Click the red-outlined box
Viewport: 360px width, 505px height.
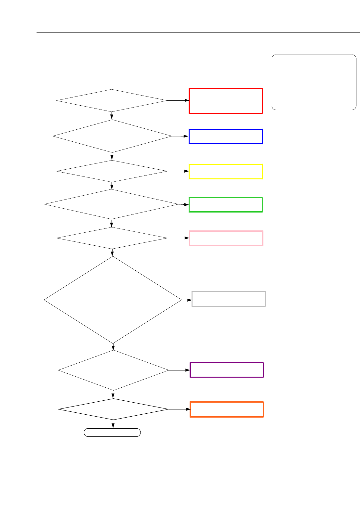click(x=226, y=101)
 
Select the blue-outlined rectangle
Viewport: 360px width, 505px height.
click(x=226, y=136)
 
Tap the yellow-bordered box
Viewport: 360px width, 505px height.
click(x=226, y=172)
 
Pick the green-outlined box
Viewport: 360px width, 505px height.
click(x=226, y=205)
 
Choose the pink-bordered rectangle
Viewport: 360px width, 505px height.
click(x=226, y=238)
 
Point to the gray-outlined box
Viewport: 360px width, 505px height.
click(x=229, y=299)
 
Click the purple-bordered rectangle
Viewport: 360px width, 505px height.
click(x=227, y=370)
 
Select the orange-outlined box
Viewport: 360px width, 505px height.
click(x=227, y=409)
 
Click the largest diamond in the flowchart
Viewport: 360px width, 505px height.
click(x=113, y=300)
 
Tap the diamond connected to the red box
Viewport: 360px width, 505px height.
click(x=112, y=101)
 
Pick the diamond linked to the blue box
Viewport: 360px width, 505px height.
click(x=112, y=136)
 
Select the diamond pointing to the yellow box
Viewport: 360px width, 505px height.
click(x=112, y=171)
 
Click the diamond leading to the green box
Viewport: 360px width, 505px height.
click(x=112, y=204)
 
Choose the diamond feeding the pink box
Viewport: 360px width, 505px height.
click(x=112, y=238)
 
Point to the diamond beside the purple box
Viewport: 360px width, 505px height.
click(x=113, y=370)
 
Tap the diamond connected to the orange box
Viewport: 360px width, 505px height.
click(x=113, y=409)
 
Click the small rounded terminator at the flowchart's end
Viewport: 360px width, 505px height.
click(x=112, y=432)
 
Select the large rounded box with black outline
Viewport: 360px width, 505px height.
click(x=314, y=82)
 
